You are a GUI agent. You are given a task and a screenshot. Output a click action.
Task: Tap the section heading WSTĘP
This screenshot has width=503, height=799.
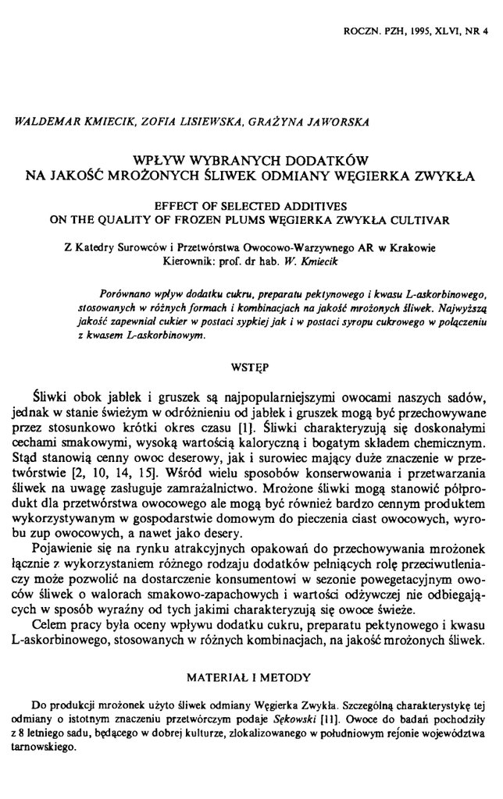pyautogui.click(x=251, y=364)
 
